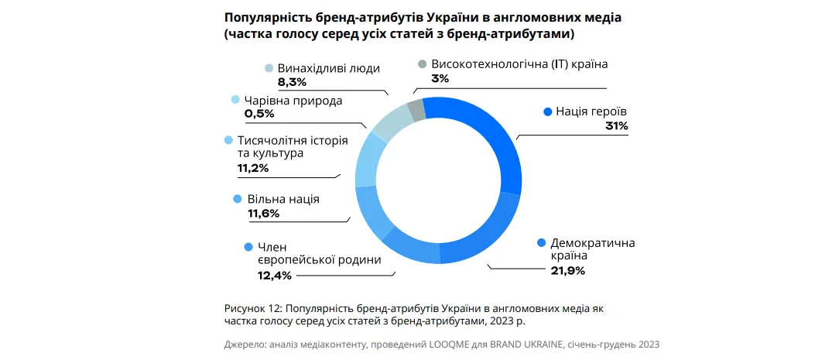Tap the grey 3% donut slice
[416, 109]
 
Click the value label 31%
[617, 125]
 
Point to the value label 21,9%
[567, 270]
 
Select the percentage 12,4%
[275, 275]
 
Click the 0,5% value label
[259, 114]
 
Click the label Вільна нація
[283, 199]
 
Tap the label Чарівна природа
[293, 100]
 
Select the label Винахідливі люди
[328, 67]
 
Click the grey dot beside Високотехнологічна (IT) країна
[422, 64]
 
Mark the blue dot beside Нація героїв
[547, 111]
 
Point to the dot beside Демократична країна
[541, 242]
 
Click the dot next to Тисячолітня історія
[228, 140]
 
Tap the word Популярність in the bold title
[265, 16]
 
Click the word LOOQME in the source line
[461, 344]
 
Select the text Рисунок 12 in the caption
[252, 308]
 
